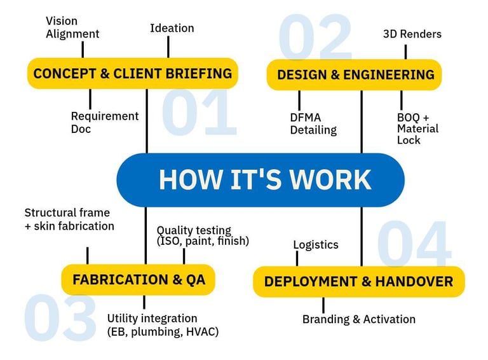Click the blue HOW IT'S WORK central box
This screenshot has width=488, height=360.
(261, 180)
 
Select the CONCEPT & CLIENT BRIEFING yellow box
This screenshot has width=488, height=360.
(132, 73)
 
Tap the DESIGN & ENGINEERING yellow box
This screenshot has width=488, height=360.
(355, 74)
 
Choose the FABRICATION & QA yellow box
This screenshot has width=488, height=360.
(138, 280)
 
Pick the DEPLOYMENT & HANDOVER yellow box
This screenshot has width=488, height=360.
(358, 281)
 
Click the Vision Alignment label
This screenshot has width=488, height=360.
(72, 27)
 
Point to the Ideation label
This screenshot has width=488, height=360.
(172, 28)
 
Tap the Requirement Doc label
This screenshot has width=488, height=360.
(104, 122)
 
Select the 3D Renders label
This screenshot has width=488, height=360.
(412, 34)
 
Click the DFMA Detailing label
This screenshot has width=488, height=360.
(313, 123)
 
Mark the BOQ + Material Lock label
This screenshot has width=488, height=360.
(417, 128)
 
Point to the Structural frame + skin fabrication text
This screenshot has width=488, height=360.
(69, 219)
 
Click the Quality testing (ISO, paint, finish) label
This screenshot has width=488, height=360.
(202, 235)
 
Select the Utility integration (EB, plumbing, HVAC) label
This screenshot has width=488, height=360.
(163, 324)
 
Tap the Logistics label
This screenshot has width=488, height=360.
(316, 245)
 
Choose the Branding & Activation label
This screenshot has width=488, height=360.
(358, 319)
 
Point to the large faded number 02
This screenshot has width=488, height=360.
(315, 37)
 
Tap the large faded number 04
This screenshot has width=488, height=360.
(414, 244)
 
